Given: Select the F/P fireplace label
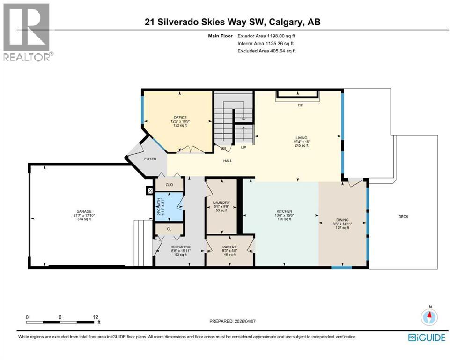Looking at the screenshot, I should click(301, 105).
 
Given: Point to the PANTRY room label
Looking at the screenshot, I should click(229, 247).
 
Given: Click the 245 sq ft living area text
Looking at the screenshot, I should click(301, 146).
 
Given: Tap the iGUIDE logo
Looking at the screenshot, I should click(427, 337).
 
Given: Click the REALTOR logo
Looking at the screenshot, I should click(27, 31).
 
